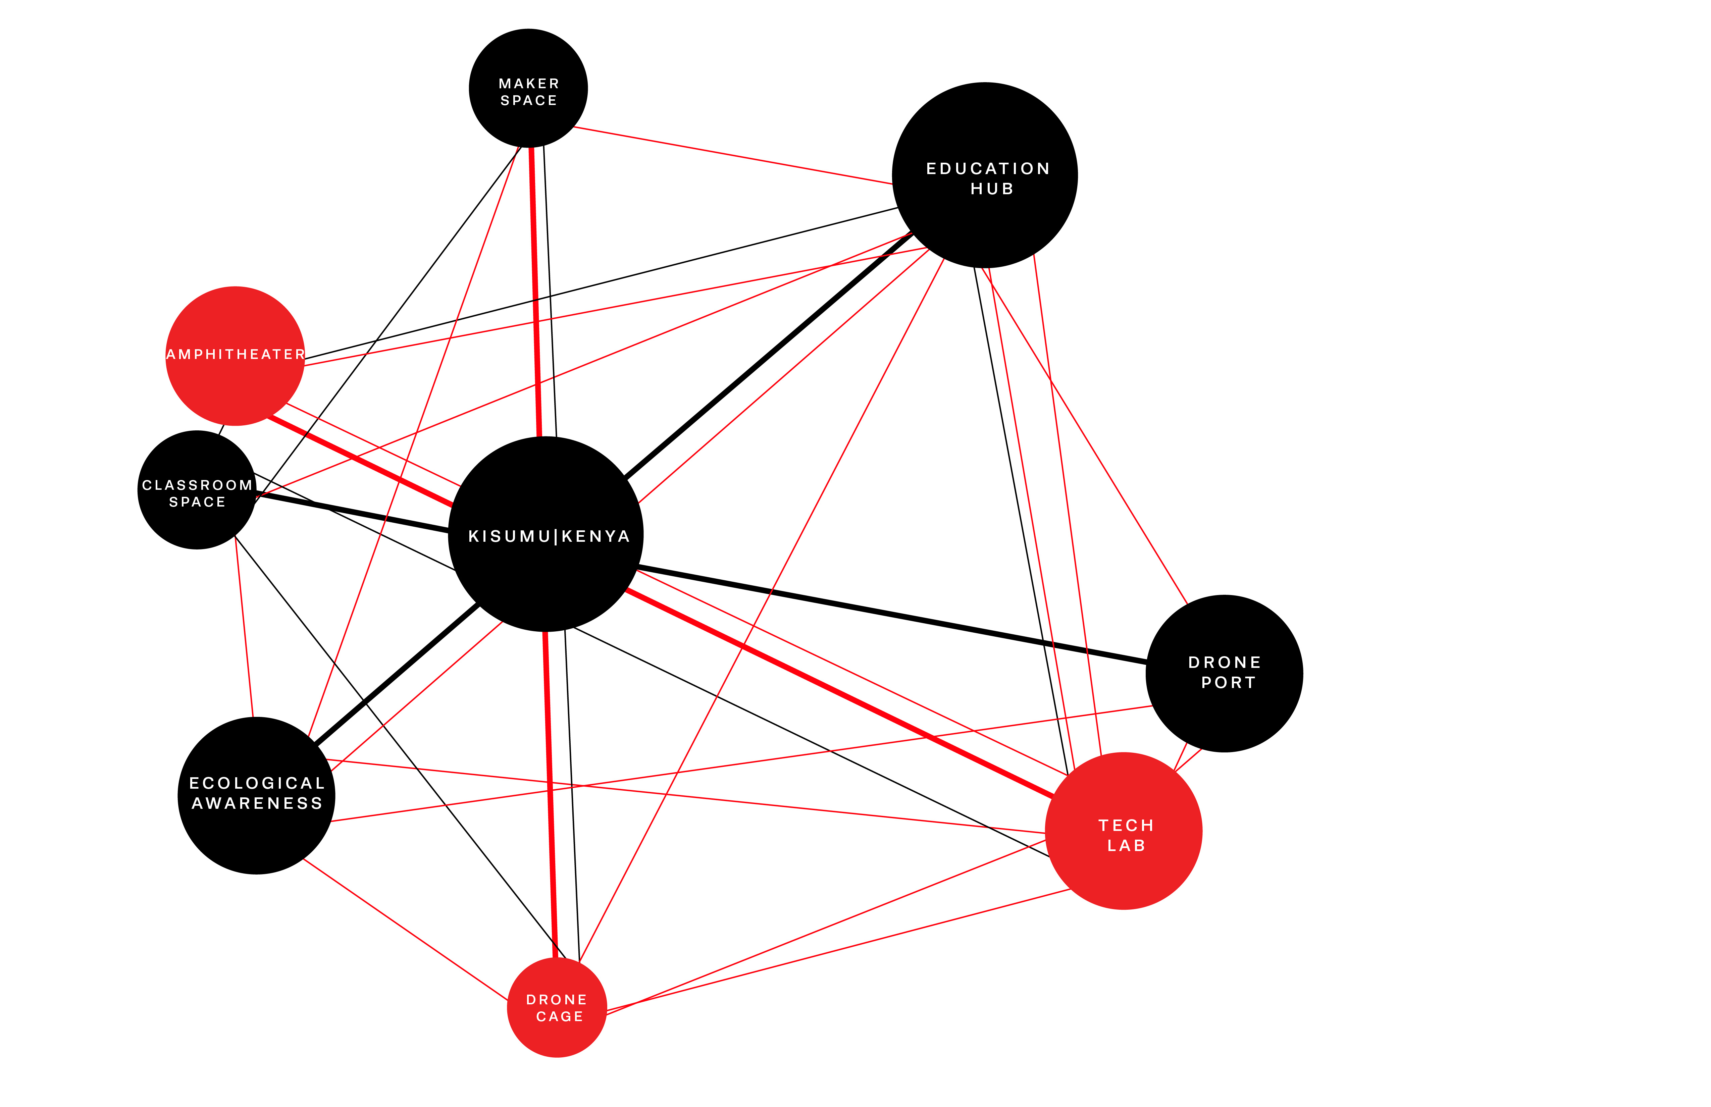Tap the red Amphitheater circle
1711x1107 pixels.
(235, 356)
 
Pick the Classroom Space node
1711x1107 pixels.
(197, 490)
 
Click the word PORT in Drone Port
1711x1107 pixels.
(1228, 683)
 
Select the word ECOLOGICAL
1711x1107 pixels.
(257, 784)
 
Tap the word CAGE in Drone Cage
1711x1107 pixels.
(559, 1016)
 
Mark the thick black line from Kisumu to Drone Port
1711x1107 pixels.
(891, 615)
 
